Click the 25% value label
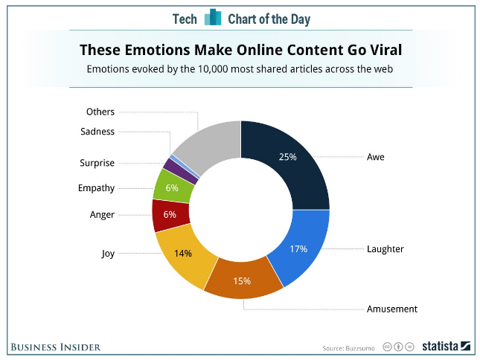[287, 157]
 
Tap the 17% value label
[298, 249]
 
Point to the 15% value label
[241, 281]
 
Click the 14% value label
[183, 254]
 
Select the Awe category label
[376, 157]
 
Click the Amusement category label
[392, 309]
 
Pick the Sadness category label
[97, 132]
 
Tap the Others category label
[100, 112]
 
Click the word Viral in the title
[380, 51]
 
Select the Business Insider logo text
[55, 347]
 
